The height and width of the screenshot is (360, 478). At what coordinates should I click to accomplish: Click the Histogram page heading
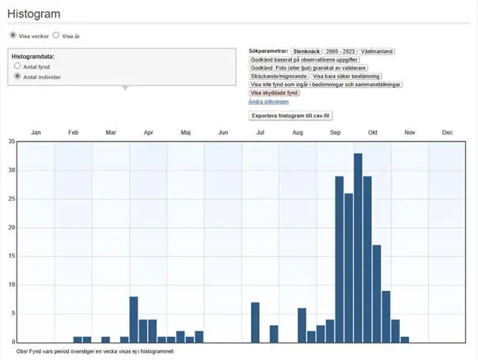point(34,13)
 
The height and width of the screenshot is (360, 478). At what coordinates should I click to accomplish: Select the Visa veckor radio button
point(13,36)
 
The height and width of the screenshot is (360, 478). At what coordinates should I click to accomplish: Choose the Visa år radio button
point(56,36)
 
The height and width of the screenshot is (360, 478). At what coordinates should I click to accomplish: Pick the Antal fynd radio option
point(18,66)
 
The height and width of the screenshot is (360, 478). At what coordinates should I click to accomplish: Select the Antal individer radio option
point(18,77)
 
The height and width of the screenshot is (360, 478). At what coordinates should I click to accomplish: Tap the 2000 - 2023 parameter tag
point(340,51)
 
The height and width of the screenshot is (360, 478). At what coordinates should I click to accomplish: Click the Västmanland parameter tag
point(378,51)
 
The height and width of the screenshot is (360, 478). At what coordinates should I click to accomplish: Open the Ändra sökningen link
point(268,101)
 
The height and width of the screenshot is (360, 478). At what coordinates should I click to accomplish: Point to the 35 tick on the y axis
point(11,142)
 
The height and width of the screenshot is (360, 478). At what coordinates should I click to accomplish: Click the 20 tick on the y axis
point(11,228)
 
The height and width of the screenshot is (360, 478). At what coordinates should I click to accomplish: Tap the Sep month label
point(336,132)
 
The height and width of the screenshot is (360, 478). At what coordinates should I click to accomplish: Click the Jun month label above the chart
point(223,132)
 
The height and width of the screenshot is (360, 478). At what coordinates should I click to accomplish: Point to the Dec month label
point(447,132)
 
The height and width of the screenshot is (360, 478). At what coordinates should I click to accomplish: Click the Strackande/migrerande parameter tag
point(279,76)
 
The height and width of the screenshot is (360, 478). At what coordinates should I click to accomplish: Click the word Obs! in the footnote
point(22,351)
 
